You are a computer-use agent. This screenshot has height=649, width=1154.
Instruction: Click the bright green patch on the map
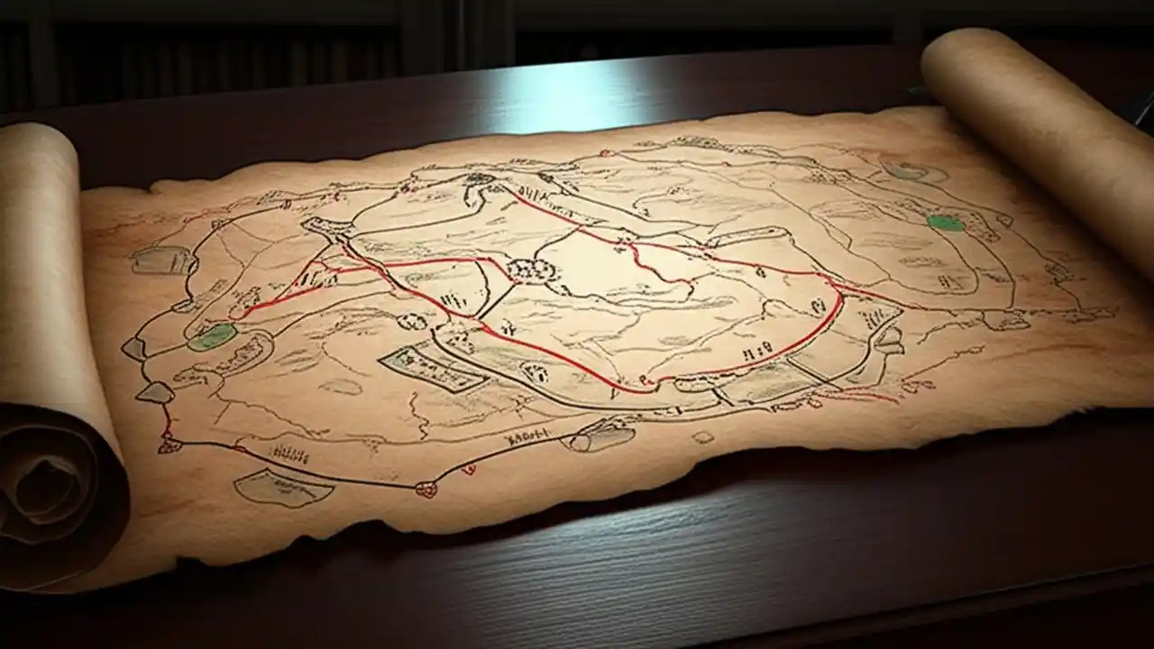946,223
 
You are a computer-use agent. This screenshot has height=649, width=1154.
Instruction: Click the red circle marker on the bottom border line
426,489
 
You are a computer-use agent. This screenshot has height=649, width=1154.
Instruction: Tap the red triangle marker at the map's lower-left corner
166,445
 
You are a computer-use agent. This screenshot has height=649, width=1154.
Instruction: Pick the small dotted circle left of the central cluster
413,320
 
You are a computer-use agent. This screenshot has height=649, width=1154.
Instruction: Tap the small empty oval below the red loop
702,436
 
